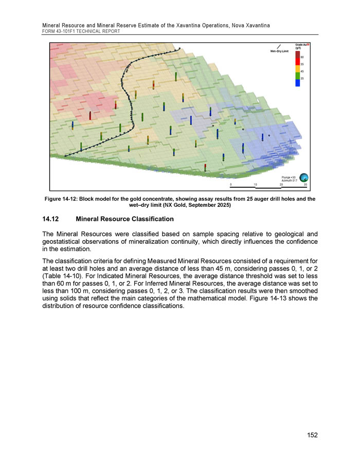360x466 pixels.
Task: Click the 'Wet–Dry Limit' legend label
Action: pyautogui.click(x=279, y=51)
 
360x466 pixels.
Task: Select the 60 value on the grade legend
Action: pyautogui.click(x=302, y=57)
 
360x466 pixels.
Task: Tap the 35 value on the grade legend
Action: pyautogui.click(x=302, y=78)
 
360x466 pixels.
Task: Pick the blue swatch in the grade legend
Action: pyautogui.click(x=298, y=83)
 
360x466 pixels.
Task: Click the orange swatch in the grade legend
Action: pyautogui.click(x=298, y=67)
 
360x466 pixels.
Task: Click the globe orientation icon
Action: pyautogui.click(x=304, y=176)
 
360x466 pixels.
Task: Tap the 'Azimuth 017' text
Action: pyautogui.click(x=290, y=179)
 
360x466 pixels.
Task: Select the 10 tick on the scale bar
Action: pyautogui.click(x=255, y=185)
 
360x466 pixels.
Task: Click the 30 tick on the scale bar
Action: pyautogui.click(x=305, y=185)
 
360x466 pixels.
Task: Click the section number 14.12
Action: pyautogui.click(x=53, y=219)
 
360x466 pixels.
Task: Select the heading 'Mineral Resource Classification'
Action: pyautogui.click(x=124, y=219)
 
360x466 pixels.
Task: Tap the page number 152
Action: pyautogui.click(x=311, y=435)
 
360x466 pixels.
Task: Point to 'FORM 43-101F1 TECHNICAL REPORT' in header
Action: pyautogui.click(x=81, y=31)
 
